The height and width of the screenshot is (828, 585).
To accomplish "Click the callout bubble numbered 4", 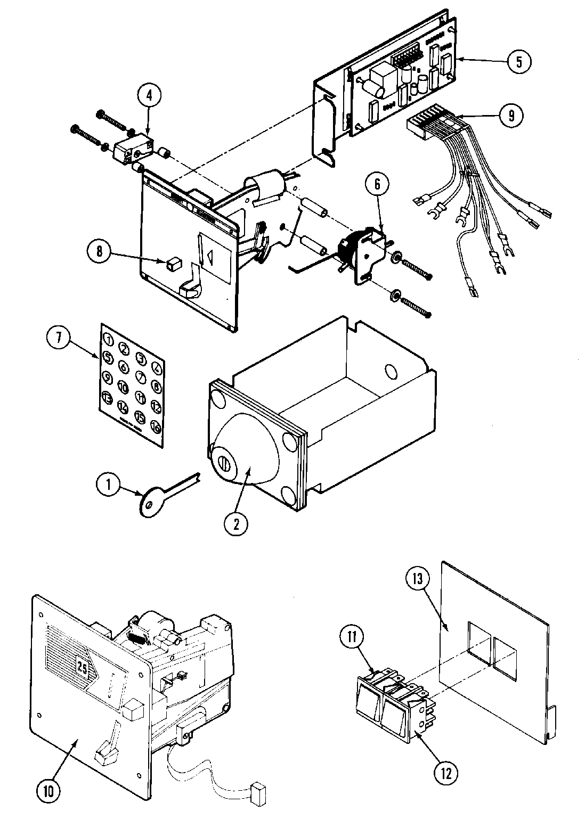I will (x=149, y=95).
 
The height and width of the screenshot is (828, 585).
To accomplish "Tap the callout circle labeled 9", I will (x=511, y=116).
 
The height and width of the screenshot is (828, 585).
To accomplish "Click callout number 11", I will (x=354, y=636).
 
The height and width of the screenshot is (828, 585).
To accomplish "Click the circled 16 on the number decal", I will (x=156, y=426).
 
